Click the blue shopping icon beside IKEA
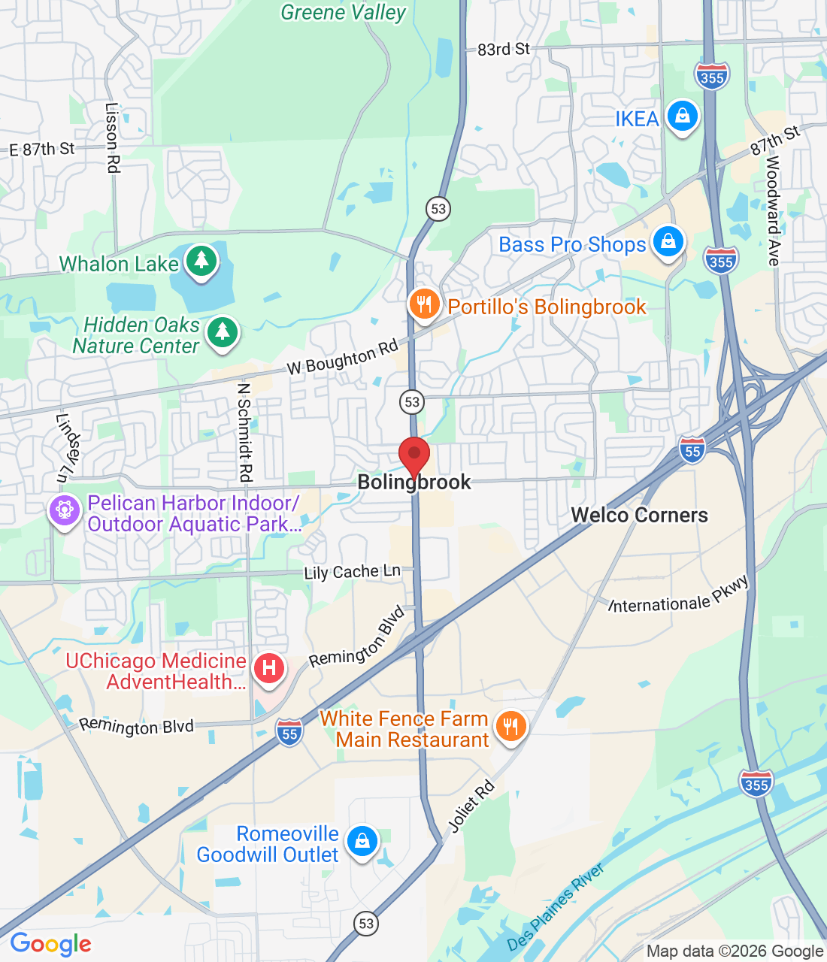(682, 116)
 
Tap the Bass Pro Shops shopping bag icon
(668, 242)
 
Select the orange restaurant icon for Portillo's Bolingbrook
(425, 304)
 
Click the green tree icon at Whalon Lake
(201, 261)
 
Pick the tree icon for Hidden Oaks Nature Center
(222, 331)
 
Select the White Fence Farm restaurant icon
(510, 726)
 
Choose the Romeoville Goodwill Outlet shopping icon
(362, 841)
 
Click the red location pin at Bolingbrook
(413, 455)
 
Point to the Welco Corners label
(640, 516)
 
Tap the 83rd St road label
(504, 50)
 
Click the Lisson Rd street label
(112, 138)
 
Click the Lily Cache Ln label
(352, 572)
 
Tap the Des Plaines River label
(556, 907)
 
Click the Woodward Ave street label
(773, 211)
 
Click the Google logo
(50, 944)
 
